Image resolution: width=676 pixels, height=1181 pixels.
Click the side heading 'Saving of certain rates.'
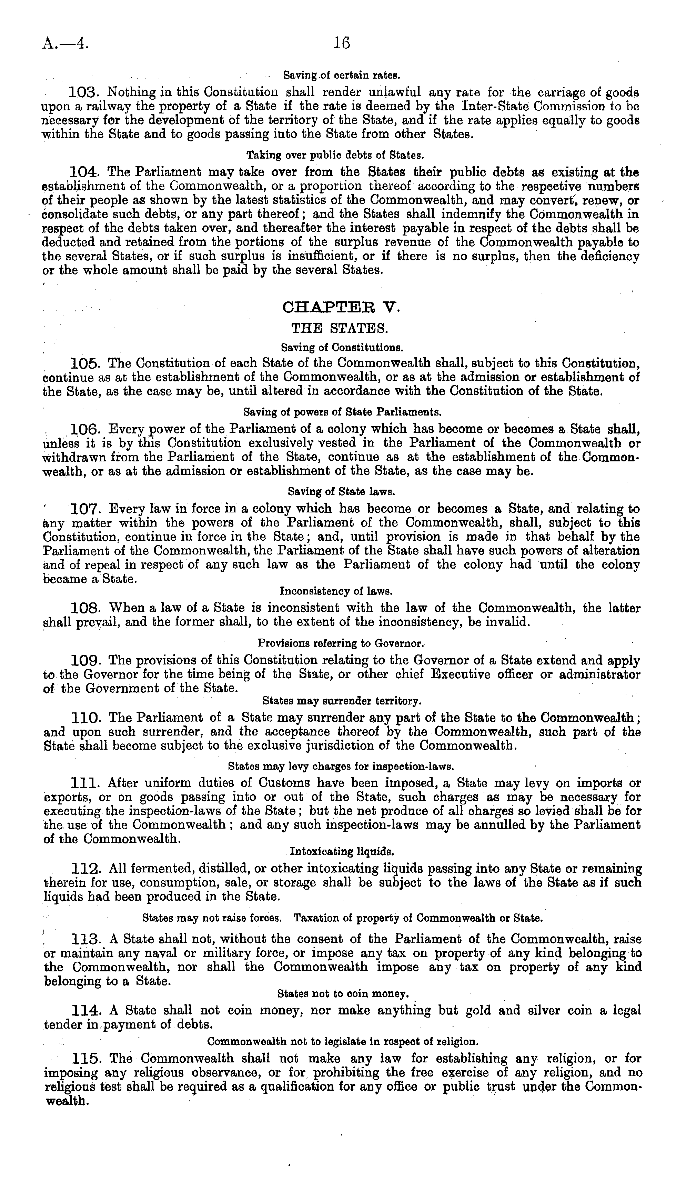point(341,75)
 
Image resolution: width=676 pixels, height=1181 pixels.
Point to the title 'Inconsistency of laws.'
point(336,592)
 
